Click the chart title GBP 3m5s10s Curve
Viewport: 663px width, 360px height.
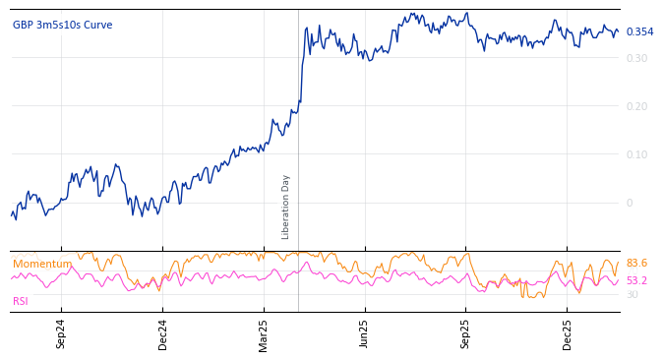coord(62,26)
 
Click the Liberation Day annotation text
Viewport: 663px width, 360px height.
coord(286,207)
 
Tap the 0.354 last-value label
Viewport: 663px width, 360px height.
coord(639,32)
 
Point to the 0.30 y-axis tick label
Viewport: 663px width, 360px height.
coord(636,58)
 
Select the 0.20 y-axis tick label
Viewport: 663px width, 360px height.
coord(636,106)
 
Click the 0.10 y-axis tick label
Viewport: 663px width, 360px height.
coord(636,154)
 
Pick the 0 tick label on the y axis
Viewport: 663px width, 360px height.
coord(630,203)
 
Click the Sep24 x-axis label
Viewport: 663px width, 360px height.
coord(61,334)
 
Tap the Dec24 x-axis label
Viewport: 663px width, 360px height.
coord(163,334)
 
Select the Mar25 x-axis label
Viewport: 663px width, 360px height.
coord(264,334)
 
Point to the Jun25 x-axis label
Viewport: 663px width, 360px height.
coord(365,334)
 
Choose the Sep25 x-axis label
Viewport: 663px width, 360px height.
coord(466,334)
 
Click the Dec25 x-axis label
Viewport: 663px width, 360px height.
coord(568,334)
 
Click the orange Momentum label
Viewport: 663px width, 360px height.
coord(41,265)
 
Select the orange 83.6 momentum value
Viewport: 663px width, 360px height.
coord(636,264)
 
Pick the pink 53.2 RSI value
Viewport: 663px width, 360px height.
coord(636,281)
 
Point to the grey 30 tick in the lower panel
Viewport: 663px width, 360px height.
coord(632,295)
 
